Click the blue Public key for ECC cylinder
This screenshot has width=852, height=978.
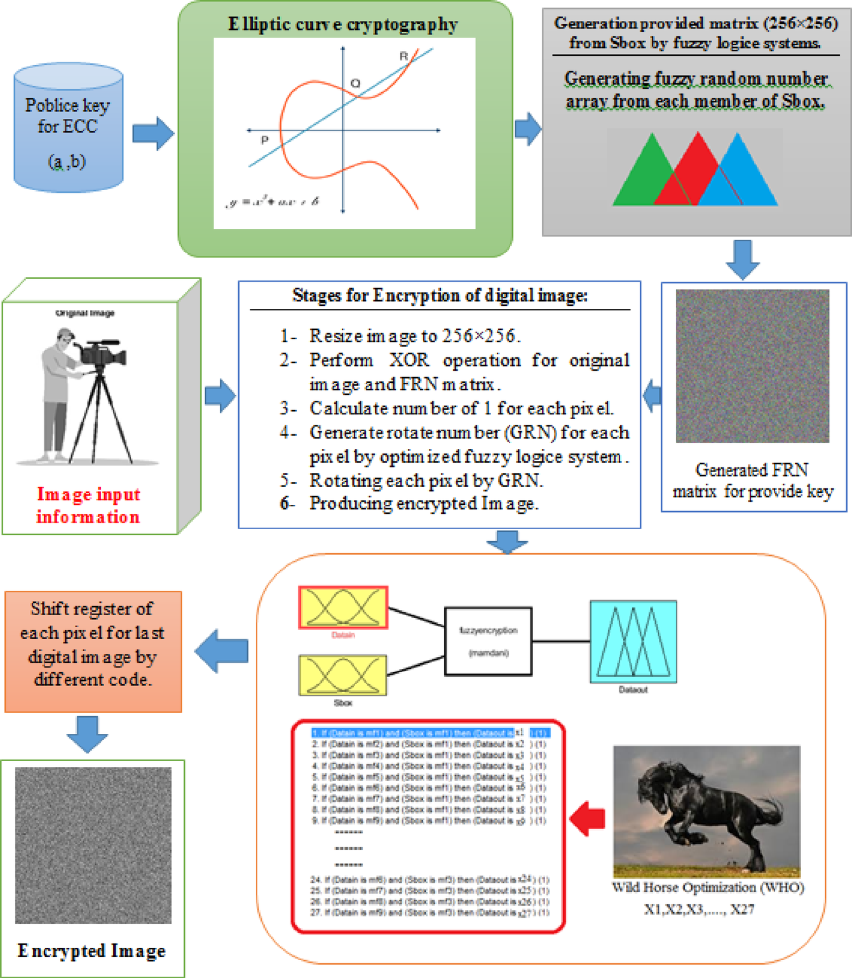click(x=69, y=127)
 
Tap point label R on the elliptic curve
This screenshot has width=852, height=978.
click(x=403, y=57)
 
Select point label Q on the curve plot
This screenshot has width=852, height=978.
click(x=355, y=83)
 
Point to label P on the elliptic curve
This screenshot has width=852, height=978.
click(x=264, y=140)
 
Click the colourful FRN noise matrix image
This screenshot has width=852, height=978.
click(x=752, y=366)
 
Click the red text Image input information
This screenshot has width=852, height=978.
click(x=88, y=506)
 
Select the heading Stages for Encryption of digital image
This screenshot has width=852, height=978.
click(x=440, y=296)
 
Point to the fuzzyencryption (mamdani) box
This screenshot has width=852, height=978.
click(x=488, y=641)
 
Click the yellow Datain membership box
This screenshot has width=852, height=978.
click(x=343, y=608)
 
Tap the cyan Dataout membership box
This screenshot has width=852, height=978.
click(x=633, y=642)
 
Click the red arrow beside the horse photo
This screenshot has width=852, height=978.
click(x=587, y=818)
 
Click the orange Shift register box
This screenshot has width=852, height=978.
click(x=93, y=651)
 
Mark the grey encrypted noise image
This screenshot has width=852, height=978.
click(x=93, y=845)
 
